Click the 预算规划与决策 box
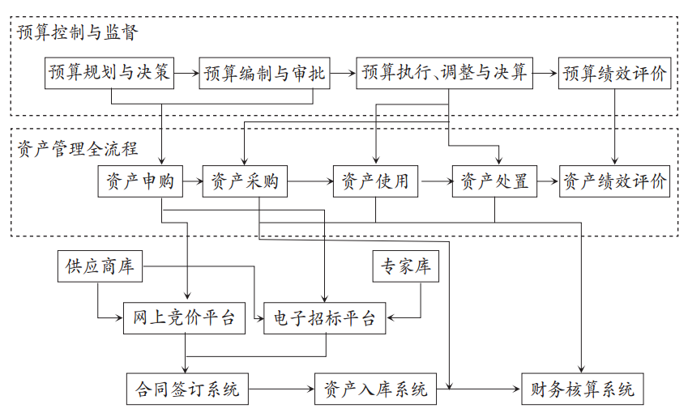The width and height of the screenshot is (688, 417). click(110, 74)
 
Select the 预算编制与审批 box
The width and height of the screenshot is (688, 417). click(265, 74)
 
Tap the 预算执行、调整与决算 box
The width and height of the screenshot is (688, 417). click(444, 74)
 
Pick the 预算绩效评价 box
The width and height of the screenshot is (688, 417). click(615, 74)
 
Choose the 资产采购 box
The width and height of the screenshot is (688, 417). click(245, 182)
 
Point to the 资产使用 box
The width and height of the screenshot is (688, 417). click(376, 182)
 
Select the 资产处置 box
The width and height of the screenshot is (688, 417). click(494, 182)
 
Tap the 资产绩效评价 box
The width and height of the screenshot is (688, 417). click(615, 182)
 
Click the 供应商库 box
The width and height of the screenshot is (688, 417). click(100, 267)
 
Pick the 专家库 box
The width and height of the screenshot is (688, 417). click(406, 267)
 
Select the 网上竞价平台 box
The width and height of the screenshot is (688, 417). click(184, 318)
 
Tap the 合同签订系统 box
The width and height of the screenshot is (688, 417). click(187, 389)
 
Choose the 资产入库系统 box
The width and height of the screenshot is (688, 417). click(375, 389)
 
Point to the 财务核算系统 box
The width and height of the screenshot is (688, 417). click(583, 389)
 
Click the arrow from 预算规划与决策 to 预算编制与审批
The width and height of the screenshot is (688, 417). click(186, 74)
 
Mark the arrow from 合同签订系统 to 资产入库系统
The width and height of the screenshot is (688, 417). click(280, 389)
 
